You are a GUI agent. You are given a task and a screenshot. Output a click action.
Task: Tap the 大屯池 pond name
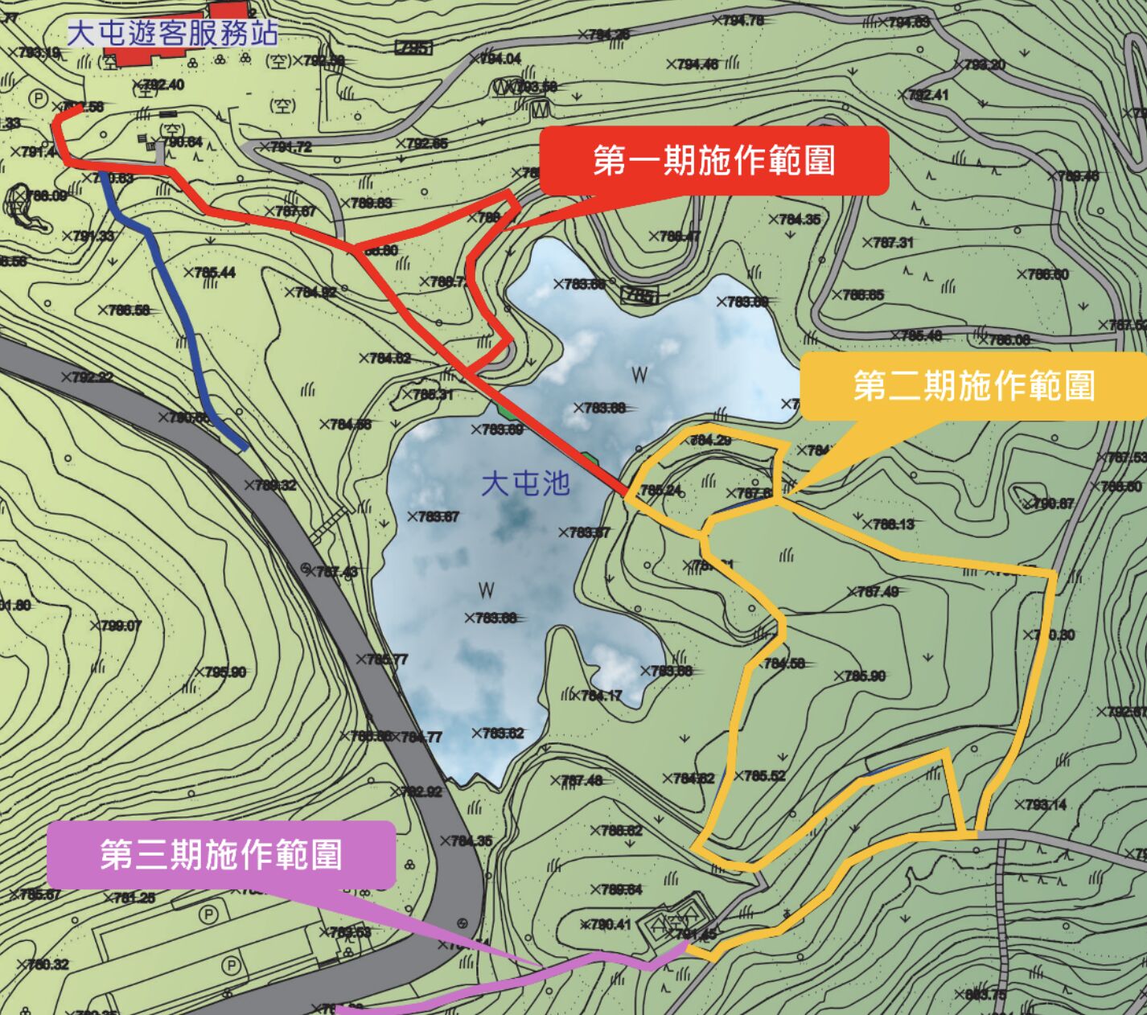525,483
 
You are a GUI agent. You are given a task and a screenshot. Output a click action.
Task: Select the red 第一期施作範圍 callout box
713,160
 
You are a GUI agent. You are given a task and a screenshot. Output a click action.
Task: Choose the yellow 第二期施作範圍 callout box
973,386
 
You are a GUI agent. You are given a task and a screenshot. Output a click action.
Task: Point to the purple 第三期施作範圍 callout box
221,854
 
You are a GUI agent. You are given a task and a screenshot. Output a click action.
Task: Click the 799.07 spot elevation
119,626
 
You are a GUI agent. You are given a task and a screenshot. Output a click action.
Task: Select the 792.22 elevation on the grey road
91,377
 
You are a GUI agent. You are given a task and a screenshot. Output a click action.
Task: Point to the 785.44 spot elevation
213,273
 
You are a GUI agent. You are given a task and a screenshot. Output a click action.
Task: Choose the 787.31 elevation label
890,242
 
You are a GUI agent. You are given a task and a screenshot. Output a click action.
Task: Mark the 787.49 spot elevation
876,592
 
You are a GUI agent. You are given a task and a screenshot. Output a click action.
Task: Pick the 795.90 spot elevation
224,672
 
